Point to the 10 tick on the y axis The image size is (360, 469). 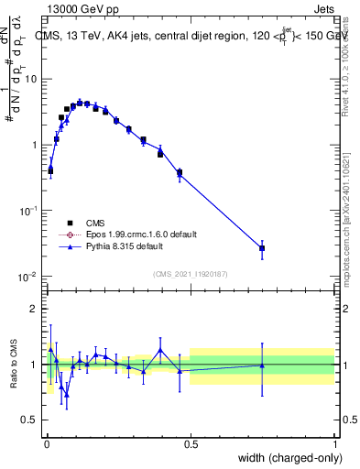30,79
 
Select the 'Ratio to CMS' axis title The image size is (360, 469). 12,364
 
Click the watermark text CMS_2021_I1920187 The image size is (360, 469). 190,274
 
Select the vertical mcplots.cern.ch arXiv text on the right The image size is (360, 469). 350,211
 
